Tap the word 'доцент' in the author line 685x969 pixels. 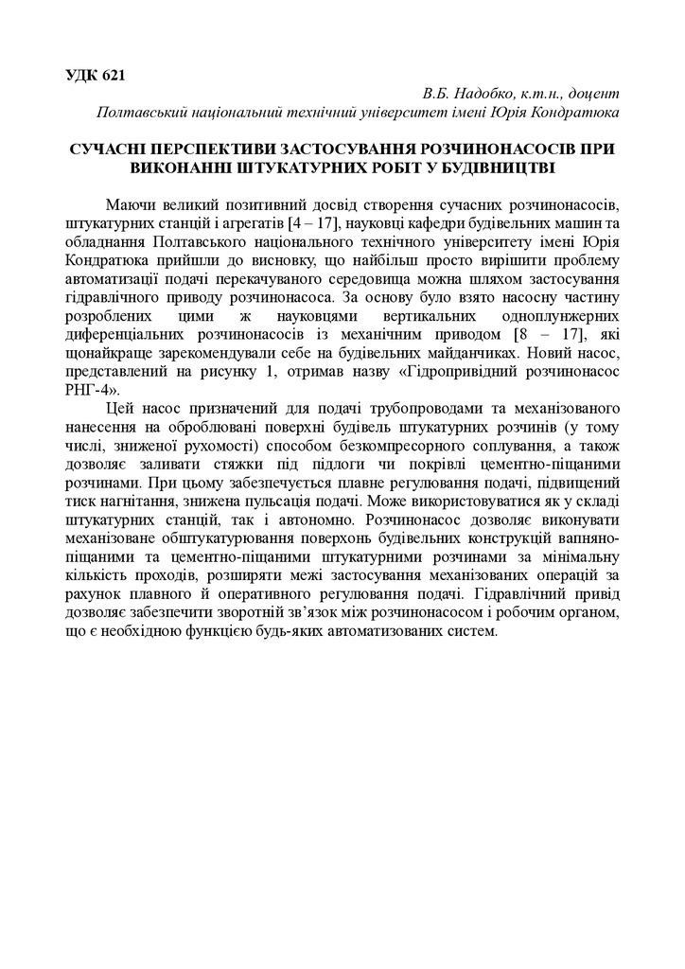pos(593,95)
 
